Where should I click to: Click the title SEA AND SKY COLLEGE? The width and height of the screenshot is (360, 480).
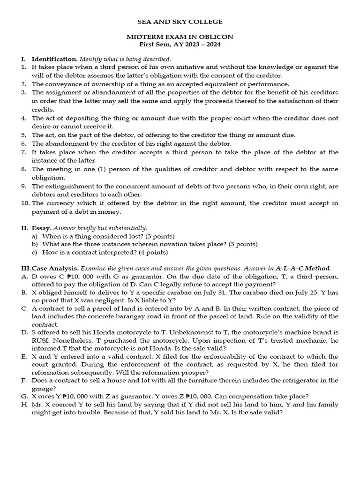pyautogui.click(x=180, y=22)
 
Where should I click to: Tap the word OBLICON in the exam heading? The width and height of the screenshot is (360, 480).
pyautogui.click(x=217, y=37)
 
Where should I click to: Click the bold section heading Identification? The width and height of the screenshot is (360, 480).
pyautogui.click(x=54, y=59)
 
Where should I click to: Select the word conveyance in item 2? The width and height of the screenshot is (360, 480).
pyautogui.click(x=61, y=84)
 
